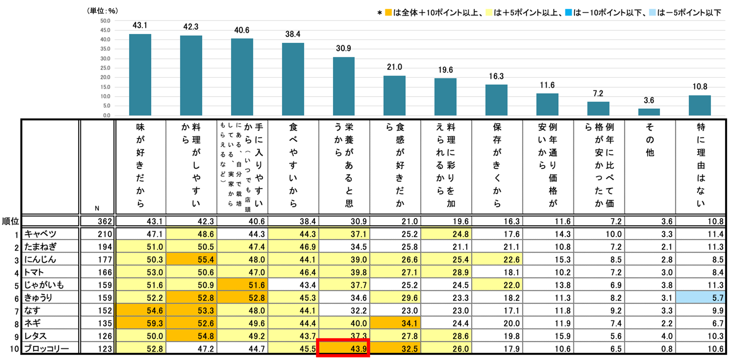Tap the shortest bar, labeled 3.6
pos(649,112)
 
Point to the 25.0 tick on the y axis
pos(105,68)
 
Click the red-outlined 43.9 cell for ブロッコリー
pos(343,348)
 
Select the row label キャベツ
pos(40,234)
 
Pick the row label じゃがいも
pos(44,285)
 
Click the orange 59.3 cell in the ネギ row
pos(141,323)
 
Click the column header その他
pos(650,140)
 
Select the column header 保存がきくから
pos(497,165)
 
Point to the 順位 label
pos(10,221)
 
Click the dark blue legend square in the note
pos(568,13)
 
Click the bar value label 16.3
pos(496,76)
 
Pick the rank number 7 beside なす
pos(17,311)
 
